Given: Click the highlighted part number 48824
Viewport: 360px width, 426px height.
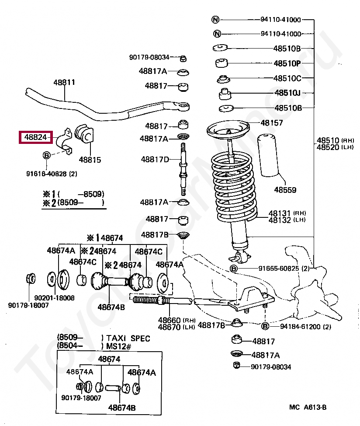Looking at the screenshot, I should (35, 138).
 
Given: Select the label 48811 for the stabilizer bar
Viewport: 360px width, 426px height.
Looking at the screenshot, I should (64, 82).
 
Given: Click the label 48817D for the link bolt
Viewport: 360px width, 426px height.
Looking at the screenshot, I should (154, 159).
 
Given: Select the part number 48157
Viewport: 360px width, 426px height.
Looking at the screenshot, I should (271, 123).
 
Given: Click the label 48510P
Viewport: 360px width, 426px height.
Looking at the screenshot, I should (287, 63).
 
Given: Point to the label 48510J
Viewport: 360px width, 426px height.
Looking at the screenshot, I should (287, 93).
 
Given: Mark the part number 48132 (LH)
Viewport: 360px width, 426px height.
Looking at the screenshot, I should (279, 220).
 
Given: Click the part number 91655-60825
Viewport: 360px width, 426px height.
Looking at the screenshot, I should (279, 268).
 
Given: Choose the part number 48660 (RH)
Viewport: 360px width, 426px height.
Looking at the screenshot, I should (170, 320).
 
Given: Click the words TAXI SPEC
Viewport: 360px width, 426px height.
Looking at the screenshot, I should (128, 338).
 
